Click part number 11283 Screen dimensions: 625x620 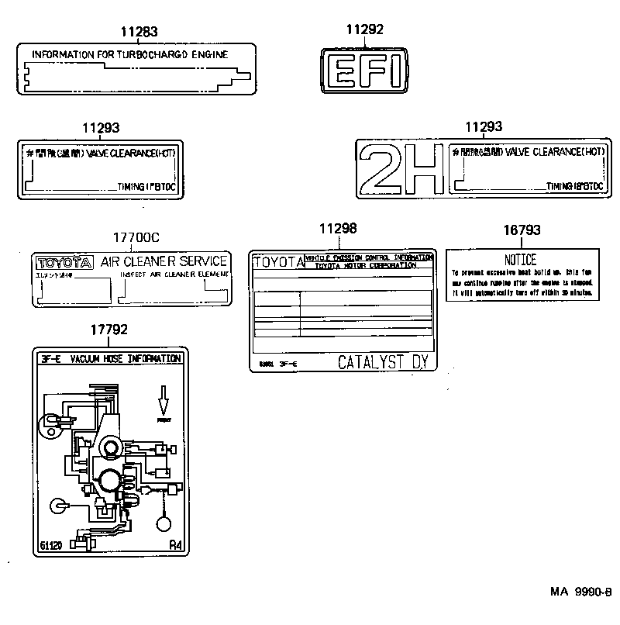139,32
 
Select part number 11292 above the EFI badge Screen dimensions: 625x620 363,30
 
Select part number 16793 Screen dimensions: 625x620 522,230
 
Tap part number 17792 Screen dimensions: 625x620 108,330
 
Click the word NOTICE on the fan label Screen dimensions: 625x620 521,261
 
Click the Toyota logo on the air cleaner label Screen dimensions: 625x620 64,263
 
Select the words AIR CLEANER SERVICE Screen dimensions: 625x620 164,261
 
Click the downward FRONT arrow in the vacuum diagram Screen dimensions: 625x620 164,402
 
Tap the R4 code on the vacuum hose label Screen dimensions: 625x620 176,544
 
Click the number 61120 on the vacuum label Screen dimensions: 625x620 51,545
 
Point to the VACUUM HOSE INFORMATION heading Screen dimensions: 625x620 126,359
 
